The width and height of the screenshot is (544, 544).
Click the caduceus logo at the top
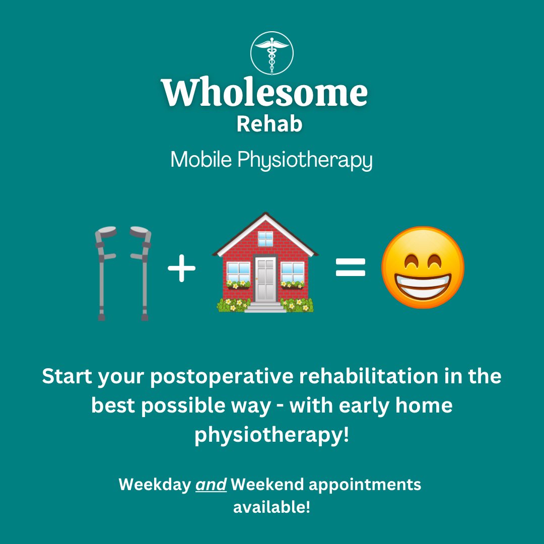(272, 53)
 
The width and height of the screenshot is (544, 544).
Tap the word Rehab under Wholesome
(269, 124)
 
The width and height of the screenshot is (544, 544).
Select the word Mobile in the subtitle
(201, 160)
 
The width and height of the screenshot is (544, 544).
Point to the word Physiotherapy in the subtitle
(305, 161)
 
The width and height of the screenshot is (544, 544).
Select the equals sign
(350, 268)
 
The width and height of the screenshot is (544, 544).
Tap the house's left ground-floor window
(238, 273)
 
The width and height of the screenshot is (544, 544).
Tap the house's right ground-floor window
(293, 273)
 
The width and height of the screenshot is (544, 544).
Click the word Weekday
(153, 485)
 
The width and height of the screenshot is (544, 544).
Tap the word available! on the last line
(271, 507)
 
